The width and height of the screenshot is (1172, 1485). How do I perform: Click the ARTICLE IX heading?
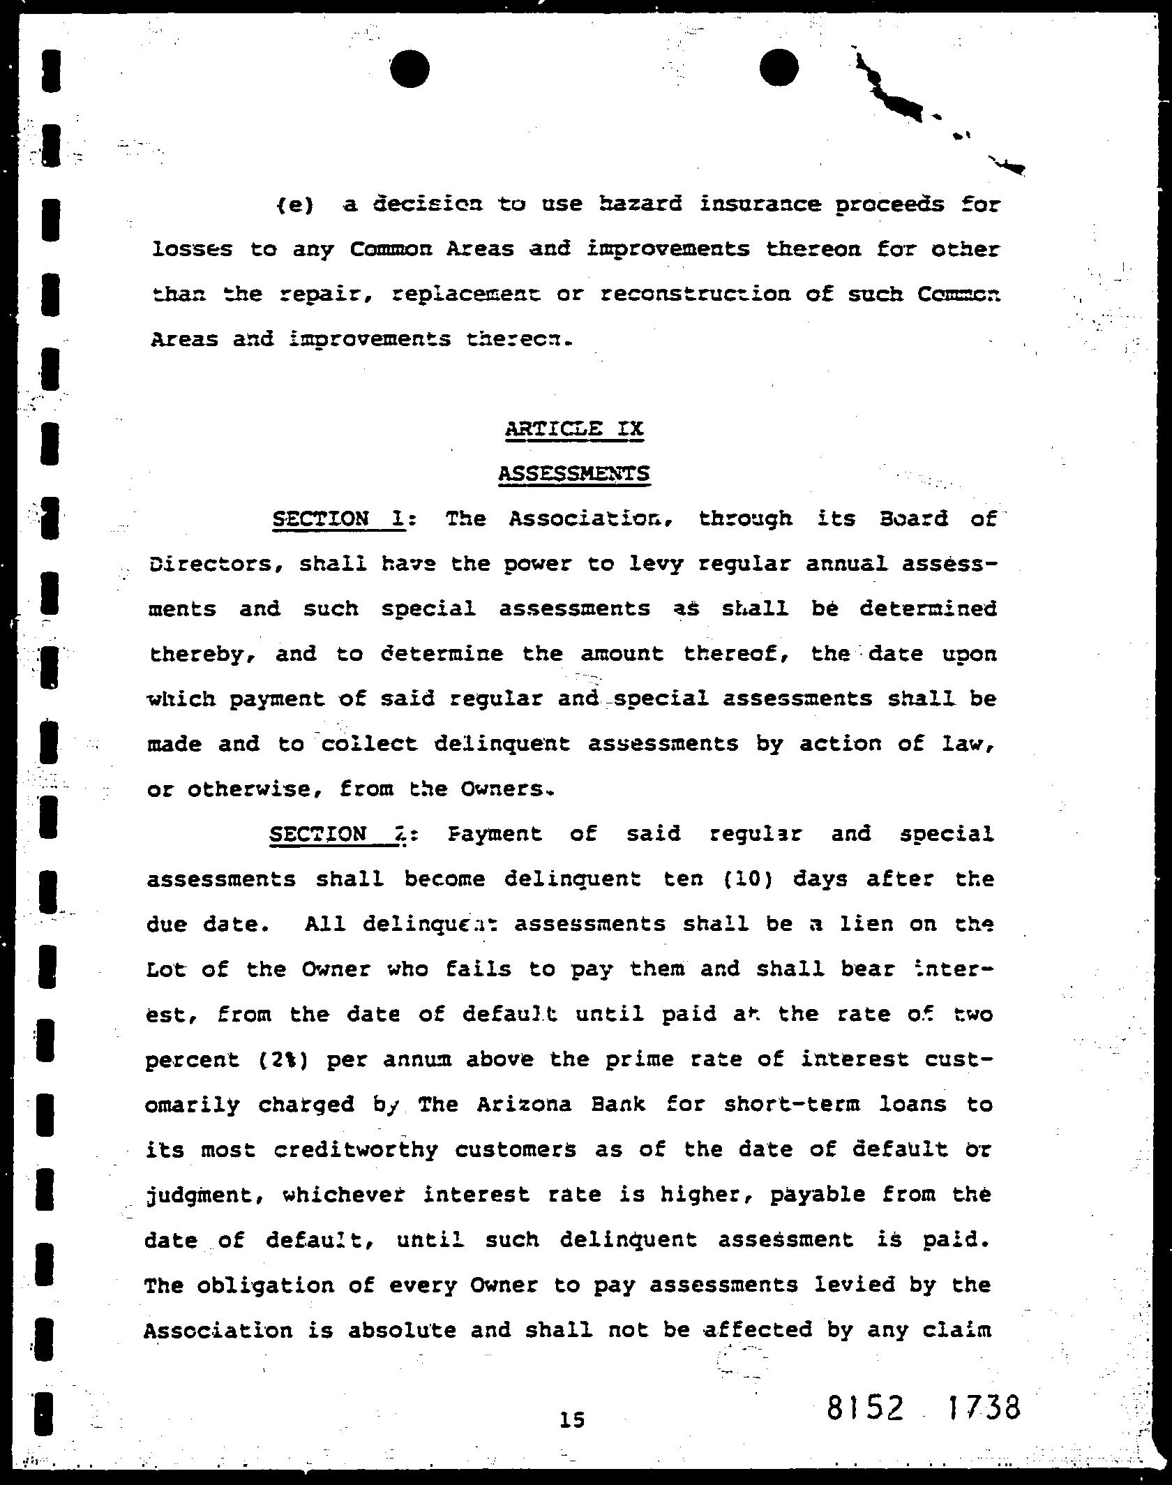573,428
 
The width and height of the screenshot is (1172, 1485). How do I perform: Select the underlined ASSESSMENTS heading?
573,474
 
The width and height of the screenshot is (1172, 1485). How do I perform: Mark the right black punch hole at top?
779,69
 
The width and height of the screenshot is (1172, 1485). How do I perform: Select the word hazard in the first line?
640,204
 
